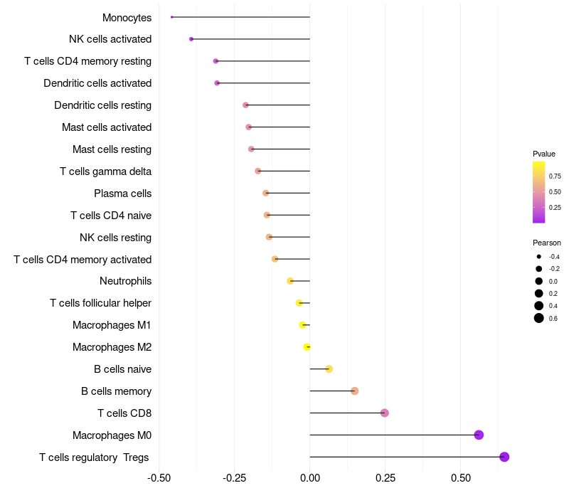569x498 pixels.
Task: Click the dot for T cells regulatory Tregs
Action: coord(504,457)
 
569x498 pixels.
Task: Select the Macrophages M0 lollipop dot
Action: coord(479,435)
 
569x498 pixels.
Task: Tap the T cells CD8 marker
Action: coord(385,413)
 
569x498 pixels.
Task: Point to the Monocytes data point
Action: coord(172,17)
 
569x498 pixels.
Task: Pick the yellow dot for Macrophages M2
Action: coord(307,347)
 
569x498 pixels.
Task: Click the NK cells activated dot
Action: coord(191,39)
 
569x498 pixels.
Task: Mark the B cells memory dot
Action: coord(355,391)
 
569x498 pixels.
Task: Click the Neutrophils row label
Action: coord(125,281)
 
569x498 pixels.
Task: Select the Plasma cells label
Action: coord(122,194)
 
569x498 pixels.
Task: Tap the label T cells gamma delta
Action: coord(105,171)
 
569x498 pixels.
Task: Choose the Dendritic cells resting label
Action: coord(102,105)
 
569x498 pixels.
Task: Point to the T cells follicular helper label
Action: coord(100,303)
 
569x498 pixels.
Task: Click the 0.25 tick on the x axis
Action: coord(385,477)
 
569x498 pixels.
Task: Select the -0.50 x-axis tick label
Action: coord(159,477)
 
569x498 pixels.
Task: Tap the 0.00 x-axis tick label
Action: coord(310,477)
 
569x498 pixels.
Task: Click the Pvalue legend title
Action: coord(544,154)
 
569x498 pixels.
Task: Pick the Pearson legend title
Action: coord(546,243)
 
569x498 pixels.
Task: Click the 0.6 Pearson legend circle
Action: coord(539,318)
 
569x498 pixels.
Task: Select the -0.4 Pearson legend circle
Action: coord(539,257)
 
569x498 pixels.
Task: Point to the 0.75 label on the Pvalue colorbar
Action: coord(555,176)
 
